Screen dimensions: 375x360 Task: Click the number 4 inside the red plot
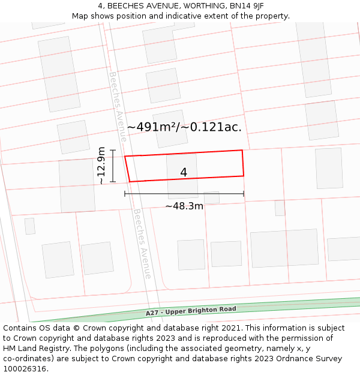184,173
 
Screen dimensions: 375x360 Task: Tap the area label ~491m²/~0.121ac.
184,127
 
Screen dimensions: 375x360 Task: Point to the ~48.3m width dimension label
184,206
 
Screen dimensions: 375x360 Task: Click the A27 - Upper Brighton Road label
191,311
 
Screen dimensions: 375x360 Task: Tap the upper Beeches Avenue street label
118,107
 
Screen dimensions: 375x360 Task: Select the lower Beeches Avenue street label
142,244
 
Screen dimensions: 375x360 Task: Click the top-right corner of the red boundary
242,151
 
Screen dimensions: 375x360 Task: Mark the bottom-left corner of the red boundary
130,182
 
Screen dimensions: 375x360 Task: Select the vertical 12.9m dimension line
112,166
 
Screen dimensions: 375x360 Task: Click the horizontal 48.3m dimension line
184,194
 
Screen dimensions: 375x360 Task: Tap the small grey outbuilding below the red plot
212,197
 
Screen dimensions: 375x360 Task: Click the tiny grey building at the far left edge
29,226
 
